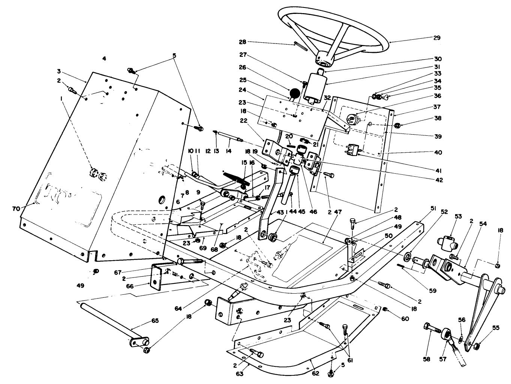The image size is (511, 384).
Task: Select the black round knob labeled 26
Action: [294, 93]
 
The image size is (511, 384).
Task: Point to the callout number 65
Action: [155, 321]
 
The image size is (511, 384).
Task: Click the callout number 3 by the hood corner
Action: [59, 71]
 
